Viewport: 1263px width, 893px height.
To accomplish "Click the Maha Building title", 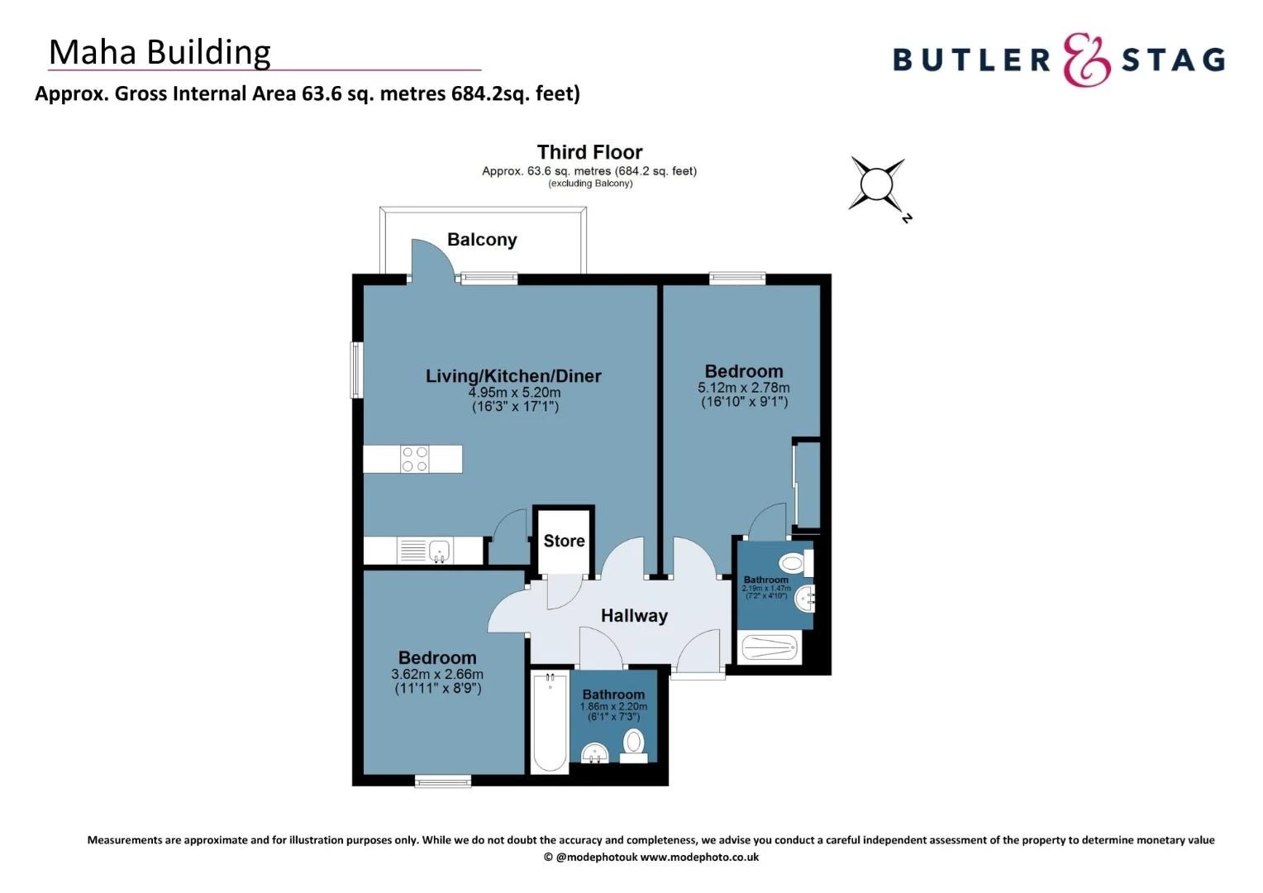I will tap(160, 52).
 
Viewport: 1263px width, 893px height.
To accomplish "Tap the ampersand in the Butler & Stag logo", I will tap(1086, 60).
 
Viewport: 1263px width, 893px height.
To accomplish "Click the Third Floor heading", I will tap(589, 152).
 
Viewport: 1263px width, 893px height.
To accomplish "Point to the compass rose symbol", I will tap(877, 184).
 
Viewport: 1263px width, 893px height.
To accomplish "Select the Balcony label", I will tap(482, 240).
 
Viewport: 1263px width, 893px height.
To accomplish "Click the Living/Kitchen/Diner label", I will tap(513, 376).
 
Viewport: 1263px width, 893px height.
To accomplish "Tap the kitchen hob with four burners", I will tap(415, 459).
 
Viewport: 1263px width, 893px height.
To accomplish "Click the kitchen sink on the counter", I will tap(439, 549).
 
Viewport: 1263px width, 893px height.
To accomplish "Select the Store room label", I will tap(564, 541).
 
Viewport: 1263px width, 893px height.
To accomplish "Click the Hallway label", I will tap(634, 616).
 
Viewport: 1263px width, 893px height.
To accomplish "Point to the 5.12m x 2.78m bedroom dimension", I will tap(743, 388).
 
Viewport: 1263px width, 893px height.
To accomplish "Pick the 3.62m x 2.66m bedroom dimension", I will tap(437, 675).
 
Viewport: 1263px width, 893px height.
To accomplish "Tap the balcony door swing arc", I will tap(434, 258).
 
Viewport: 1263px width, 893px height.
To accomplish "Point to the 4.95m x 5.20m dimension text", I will tap(514, 393).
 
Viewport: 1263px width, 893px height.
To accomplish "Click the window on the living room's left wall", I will tap(357, 370).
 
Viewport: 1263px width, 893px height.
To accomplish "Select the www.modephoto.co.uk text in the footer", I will tap(699, 857).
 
